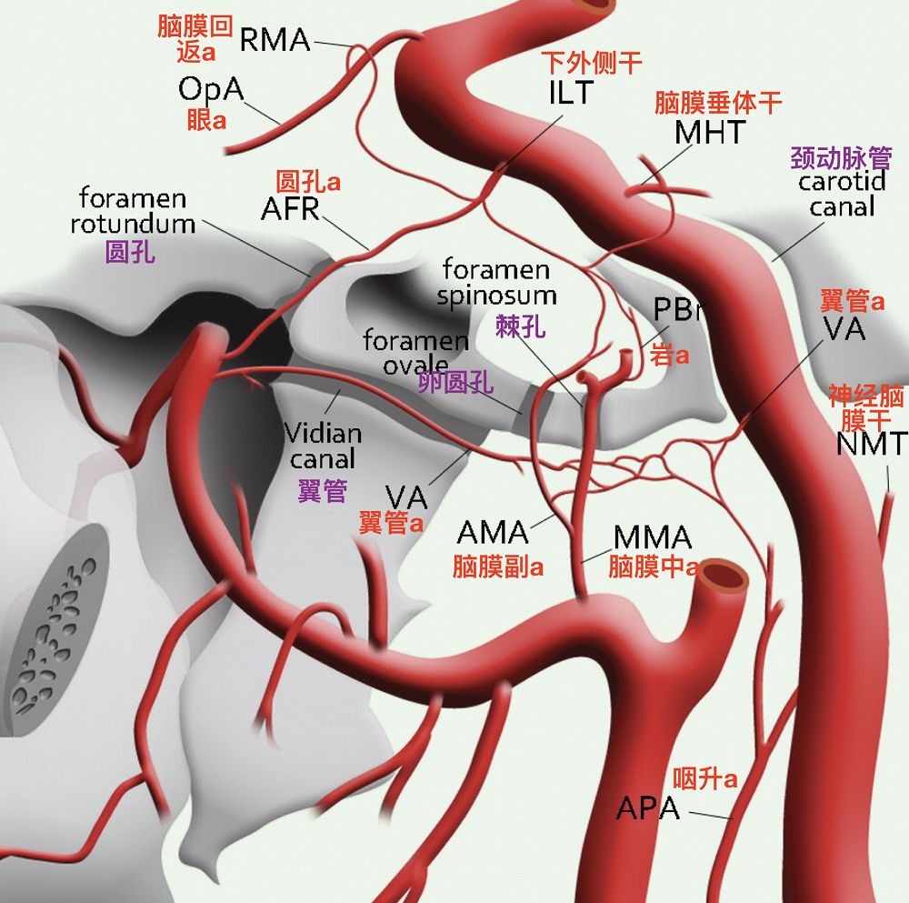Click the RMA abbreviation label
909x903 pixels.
[275, 40]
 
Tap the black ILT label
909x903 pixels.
[571, 92]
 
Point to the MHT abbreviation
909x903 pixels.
[710, 133]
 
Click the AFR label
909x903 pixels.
[290, 209]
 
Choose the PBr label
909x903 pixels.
[678, 310]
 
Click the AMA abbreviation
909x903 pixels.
[493, 532]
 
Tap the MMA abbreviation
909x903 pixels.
[652, 537]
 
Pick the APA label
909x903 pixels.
[648, 808]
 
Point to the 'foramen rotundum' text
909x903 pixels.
[134, 211]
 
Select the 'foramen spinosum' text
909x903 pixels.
[496, 282]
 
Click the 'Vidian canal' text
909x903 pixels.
[323, 446]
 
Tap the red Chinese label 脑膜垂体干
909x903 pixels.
[718, 103]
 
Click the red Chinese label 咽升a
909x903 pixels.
[704, 778]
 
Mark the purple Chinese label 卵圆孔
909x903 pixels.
[456, 383]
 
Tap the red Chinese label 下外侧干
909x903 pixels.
[592, 63]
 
